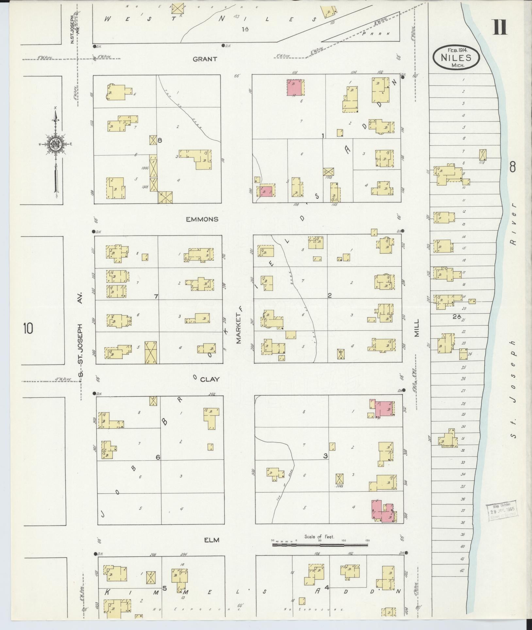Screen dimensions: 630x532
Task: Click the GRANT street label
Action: tap(205, 59)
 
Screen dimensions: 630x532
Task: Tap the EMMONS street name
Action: tap(202, 219)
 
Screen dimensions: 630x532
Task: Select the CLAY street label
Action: tap(209, 379)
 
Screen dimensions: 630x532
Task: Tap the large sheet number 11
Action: tap(500, 27)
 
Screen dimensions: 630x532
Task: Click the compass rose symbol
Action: tap(56, 144)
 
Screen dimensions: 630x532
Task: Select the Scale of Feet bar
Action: tap(320, 545)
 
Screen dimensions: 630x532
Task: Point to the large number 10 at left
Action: tap(28, 328)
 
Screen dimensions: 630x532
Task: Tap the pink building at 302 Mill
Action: tap(384, 409)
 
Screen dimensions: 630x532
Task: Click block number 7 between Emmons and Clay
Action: tap(156, 297)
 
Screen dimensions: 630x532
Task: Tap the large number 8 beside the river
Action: tap(512, 167)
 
